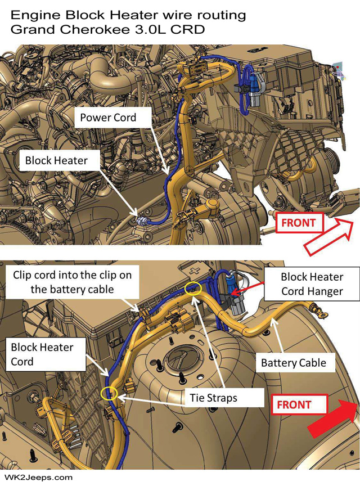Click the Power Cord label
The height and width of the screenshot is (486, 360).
click(107, 118)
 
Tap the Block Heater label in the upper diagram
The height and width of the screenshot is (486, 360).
click(56, 160)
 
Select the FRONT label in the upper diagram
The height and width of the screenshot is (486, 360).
click(298, 222)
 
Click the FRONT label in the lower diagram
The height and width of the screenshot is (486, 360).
click(294, 404)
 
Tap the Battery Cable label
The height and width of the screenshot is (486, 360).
click(293, 363)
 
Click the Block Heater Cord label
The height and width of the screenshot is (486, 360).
click(42, 354)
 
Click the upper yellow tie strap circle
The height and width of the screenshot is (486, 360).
click(193, 289)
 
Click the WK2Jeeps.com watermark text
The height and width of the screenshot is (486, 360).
click(37, 477)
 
